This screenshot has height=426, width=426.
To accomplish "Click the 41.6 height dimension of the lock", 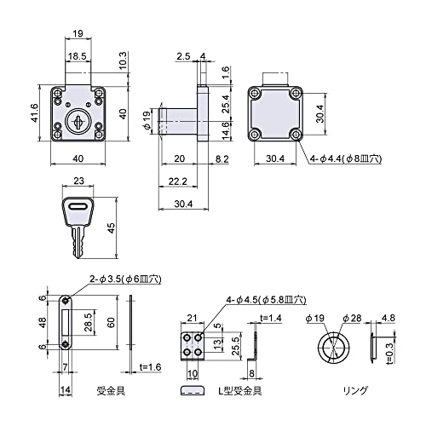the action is (x=35, y=113).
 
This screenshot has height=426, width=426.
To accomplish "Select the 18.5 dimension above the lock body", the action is (x=77, y=56).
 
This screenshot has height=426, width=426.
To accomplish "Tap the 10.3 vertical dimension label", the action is (x=123, y=61).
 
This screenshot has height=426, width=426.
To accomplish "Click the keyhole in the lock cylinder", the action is (x=78, y=122).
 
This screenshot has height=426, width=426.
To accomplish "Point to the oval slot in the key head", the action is (x=78, y=207).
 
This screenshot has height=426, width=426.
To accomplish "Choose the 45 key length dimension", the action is (x=112, y=228).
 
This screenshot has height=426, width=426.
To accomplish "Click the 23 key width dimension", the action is (x=78, y=181).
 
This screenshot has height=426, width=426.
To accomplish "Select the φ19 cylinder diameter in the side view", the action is (x=147, y=121).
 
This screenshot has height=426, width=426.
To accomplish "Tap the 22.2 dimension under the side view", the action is (x=177, y=181).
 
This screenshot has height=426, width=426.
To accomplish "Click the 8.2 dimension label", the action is (x=222, y=159).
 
